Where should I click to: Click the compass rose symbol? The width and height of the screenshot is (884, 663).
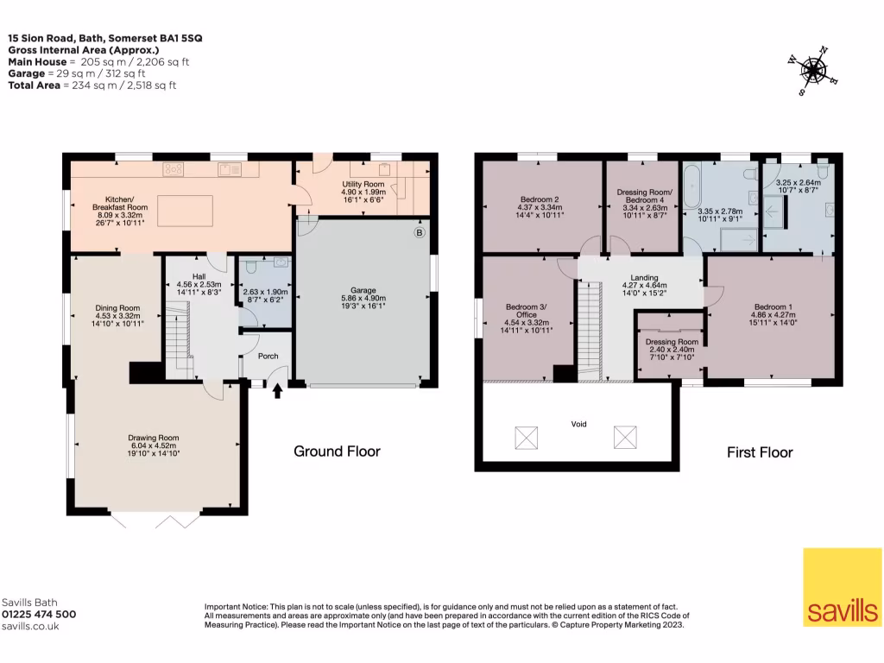coord(812,71)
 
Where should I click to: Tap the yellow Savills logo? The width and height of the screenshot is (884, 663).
coord(843,587)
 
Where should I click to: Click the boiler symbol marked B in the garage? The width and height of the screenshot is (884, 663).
coord(419,232)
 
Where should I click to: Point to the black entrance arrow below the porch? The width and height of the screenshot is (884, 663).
coord(277,391)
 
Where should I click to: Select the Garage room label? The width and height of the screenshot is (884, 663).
coord(363,290)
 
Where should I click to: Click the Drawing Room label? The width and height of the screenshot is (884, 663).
coord(154,438)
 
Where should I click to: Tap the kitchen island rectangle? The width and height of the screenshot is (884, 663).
coord(185,211)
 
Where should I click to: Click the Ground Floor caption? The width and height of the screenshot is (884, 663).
coord(338,451)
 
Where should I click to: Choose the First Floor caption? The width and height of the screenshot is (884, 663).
coord(760,452)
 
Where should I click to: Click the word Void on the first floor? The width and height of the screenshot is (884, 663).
coord(579,424)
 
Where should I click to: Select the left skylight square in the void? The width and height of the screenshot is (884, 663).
coord(526,438)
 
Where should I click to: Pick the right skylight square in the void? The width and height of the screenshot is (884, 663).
coord(625,438)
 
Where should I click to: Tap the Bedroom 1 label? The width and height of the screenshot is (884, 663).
coord(773,307)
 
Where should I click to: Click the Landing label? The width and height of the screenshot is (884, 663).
coord(644,277)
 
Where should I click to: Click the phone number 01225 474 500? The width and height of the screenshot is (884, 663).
coord(39,615)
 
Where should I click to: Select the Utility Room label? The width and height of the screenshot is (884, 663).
coord(363,184)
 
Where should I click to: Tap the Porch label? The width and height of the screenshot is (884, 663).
coord(268,357)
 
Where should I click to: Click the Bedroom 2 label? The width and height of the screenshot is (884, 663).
coord(540,199)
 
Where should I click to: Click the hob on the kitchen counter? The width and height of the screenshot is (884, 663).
coord(173,168)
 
